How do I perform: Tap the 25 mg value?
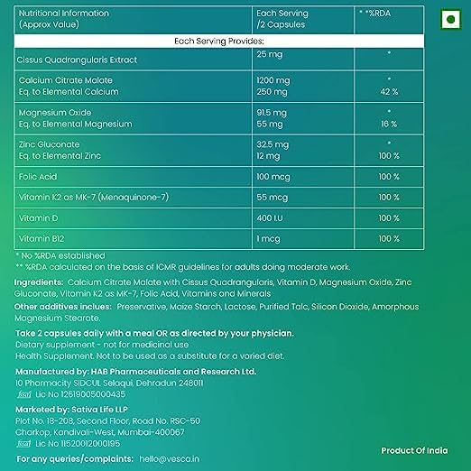270,54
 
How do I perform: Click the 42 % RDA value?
388,91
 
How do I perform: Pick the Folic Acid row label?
37,174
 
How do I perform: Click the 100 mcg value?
274,174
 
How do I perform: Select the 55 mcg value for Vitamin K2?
272,197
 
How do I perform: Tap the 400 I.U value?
271,218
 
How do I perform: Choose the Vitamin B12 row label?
42,239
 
